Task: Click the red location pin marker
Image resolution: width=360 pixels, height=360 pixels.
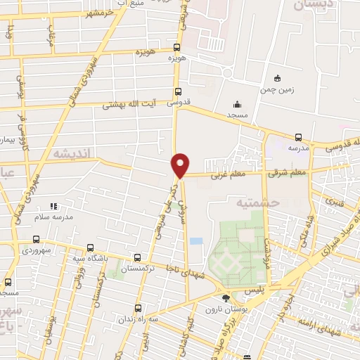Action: (x=181, y=165)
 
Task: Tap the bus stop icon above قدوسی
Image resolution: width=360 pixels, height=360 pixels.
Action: (x=177, y=91)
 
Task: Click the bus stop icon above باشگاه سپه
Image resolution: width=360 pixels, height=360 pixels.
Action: (x=90, y=247)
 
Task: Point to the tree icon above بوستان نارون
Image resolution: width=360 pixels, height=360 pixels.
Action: (x=225, y=298)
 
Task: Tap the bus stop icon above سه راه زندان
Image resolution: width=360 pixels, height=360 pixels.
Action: (x=137, y=307)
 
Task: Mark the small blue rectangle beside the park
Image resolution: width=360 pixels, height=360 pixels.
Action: (x=196, y=241)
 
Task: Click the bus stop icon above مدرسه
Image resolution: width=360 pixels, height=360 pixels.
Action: (x=298, y=138)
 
